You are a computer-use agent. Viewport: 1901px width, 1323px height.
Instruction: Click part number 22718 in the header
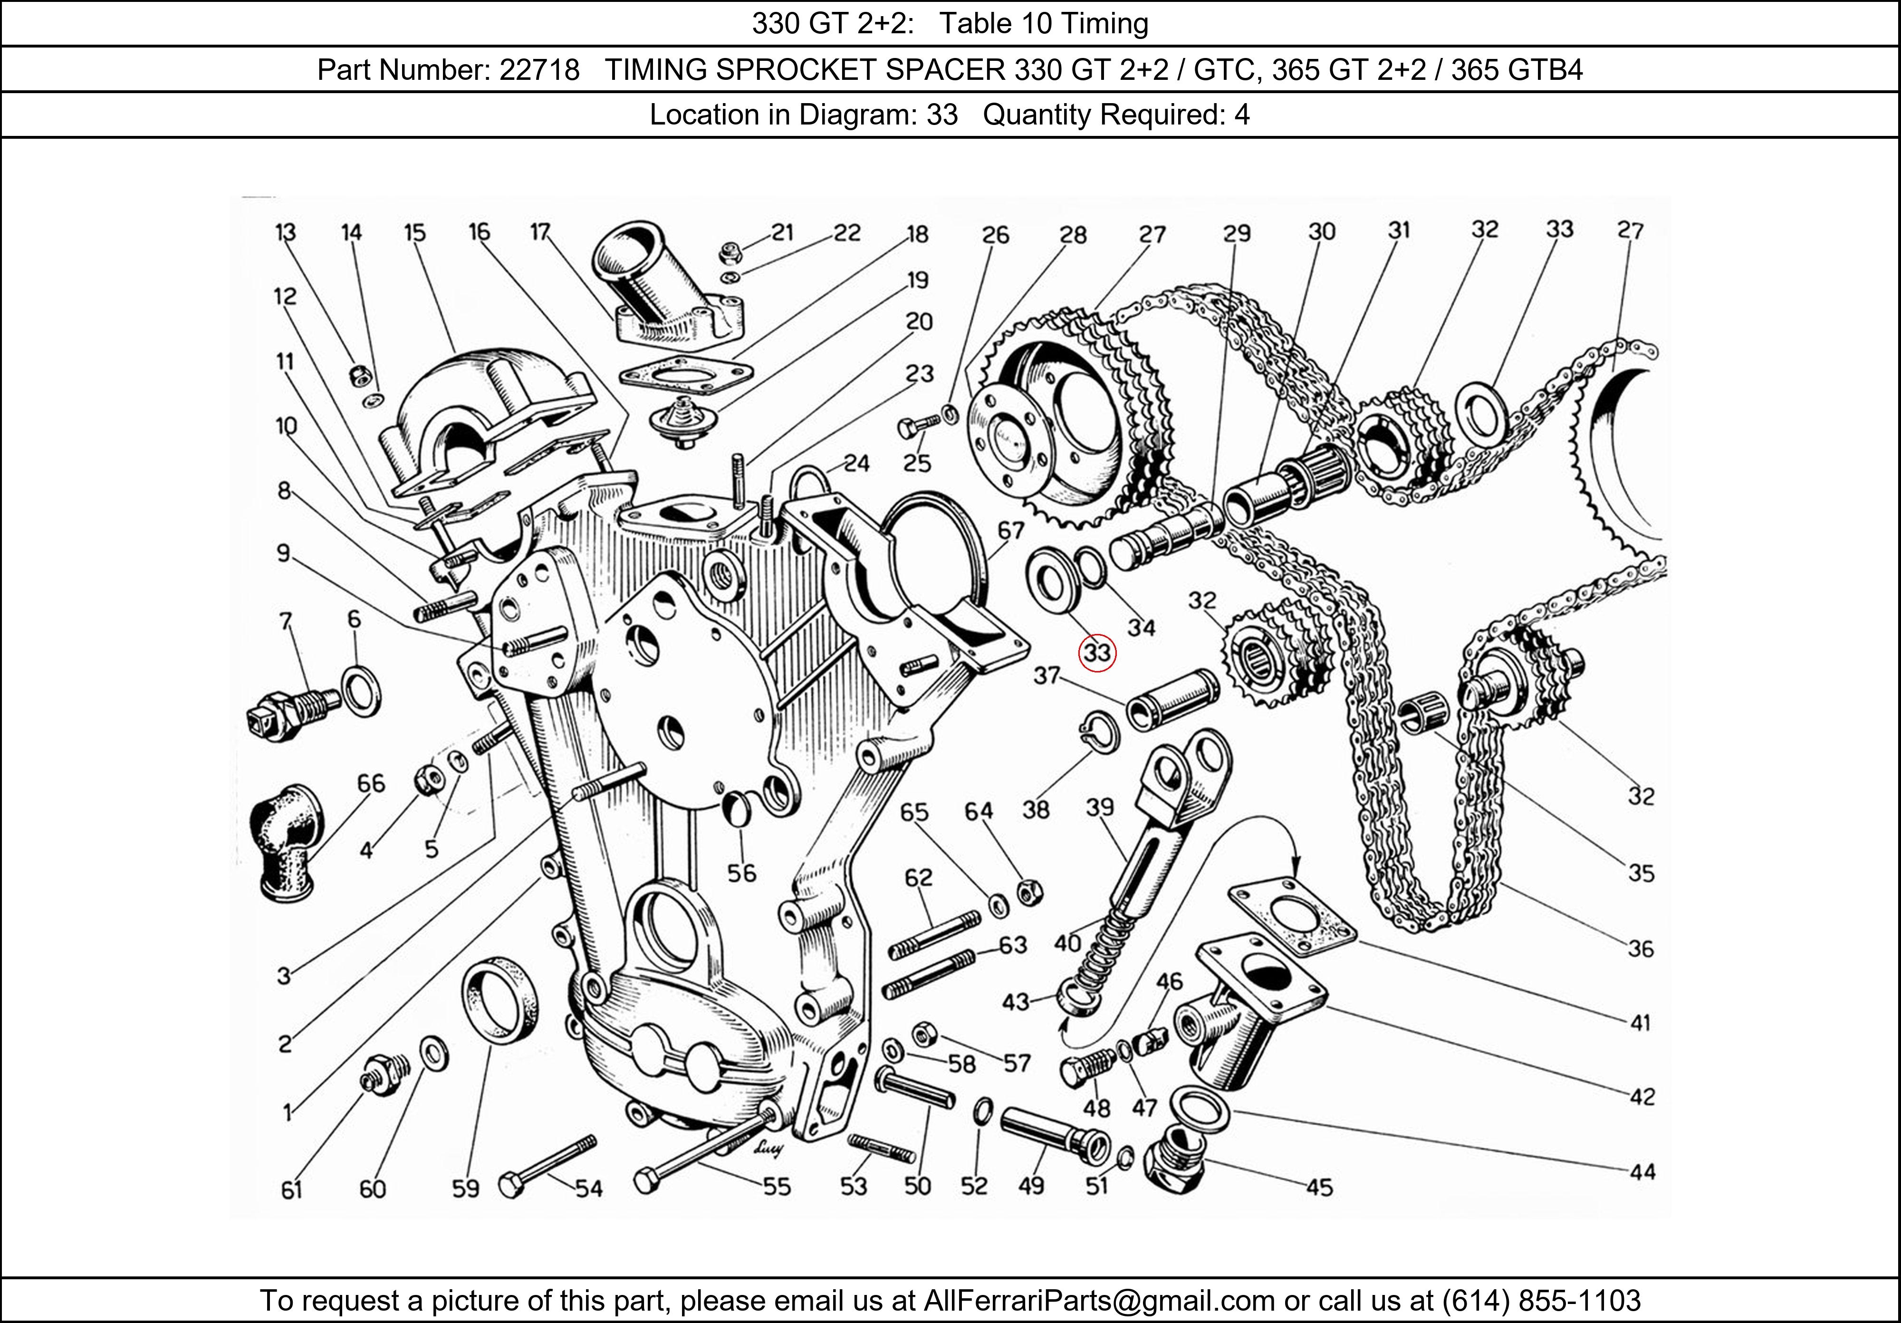point(539,69)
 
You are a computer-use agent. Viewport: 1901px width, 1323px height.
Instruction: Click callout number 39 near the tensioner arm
point(1100,806)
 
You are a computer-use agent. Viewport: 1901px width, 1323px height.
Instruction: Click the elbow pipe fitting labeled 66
point(286,840)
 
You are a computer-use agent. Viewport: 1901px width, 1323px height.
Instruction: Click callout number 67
point(1011,530)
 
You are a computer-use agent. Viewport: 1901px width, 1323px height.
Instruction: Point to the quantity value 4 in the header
point(1242,114)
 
